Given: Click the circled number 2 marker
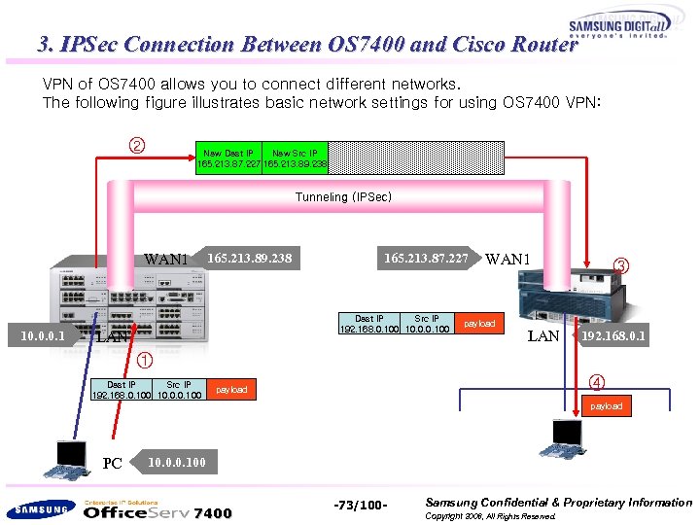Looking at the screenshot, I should click(x=137, y=147).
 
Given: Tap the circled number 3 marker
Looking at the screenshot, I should click(x=623, y=264).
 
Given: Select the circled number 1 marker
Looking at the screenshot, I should click(x=144, y=361).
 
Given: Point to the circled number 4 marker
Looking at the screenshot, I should click(x=599, y=382).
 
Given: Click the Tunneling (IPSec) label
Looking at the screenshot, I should click(x=343, y=197).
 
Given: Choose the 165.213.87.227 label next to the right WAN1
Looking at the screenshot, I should click(x=426, y=259).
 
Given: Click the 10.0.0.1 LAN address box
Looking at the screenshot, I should click(x=42, y=336).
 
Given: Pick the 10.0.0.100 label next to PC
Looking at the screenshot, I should click(x=176, y=462).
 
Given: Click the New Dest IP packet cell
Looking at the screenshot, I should click(x=228, y=158).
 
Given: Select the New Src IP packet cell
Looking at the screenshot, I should click(x=296, y=158).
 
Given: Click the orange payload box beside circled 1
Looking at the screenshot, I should click(x=231, y=390).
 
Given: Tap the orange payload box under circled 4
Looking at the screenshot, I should click(x=606, y=405).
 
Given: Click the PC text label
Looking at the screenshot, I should click(x=113, y=464).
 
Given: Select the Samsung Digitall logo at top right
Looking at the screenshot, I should click(x=617, y=28).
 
